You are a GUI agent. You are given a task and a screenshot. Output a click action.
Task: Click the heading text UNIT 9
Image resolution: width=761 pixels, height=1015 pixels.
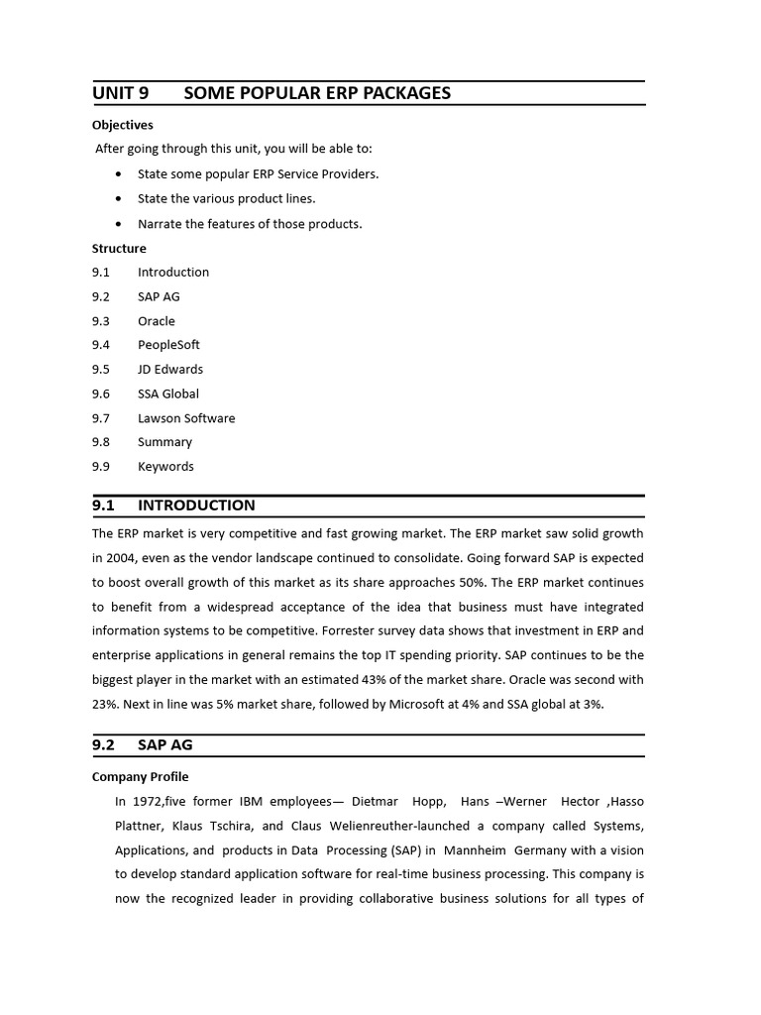click(x=120, y=93)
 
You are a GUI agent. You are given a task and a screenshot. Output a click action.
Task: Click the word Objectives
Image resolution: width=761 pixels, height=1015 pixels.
click(x=123, y=125)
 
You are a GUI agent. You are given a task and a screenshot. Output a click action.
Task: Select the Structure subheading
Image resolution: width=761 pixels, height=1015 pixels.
click(x=119, y=248)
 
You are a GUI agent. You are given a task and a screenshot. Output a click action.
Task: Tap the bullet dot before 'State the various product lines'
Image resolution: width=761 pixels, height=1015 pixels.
click(x=119, y=199)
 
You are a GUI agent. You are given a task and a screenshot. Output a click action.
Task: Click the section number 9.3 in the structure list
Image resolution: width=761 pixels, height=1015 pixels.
click(x=101, y=321)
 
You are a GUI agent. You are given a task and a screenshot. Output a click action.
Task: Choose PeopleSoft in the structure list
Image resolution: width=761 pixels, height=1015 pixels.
click(x=168, y=345)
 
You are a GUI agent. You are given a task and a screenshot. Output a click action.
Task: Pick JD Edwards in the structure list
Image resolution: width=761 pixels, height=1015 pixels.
click(x=170, y=369)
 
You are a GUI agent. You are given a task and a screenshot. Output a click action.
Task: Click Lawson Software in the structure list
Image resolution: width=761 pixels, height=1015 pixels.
click(x=186, y=418)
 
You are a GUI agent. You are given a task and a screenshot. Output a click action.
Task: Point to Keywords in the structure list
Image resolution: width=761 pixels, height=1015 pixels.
click(x=165, y=467)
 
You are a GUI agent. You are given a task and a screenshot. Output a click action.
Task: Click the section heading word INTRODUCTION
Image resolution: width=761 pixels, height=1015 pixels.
click(x=196, y=506)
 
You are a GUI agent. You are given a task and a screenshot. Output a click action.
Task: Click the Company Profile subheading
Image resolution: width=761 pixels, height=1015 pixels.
click(x=140, y=777)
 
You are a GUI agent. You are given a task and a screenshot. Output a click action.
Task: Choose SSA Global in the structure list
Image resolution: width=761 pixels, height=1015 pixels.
click(x=168, y=394)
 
